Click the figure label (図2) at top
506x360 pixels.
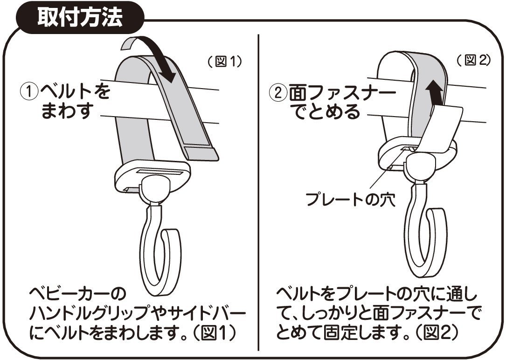tap(473, 60)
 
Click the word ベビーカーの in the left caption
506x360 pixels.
tap(77, 295)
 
